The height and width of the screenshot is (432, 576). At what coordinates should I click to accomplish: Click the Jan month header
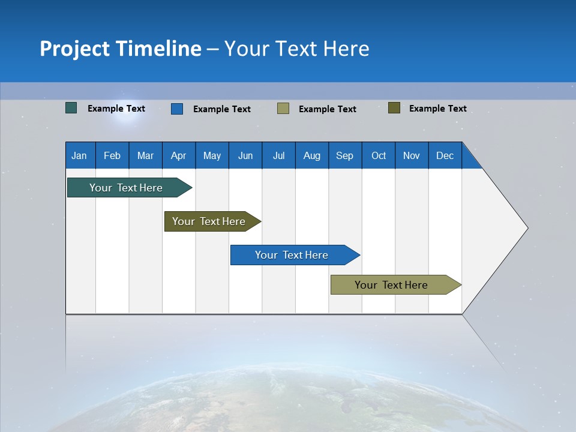79,156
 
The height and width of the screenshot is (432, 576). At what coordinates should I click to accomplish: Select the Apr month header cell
178,156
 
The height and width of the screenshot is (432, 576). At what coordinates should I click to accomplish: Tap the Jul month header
278,156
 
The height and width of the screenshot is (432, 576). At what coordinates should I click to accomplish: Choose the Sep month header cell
344,156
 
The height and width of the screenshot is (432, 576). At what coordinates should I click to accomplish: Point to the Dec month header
445,156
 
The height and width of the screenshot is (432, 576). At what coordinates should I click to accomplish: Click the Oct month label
379,156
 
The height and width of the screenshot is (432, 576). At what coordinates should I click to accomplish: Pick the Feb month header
112,156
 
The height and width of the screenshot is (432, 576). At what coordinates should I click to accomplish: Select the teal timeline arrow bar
126,188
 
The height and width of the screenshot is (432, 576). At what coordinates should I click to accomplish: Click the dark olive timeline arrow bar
209,221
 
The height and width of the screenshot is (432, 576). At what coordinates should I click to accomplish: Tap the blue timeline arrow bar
292,255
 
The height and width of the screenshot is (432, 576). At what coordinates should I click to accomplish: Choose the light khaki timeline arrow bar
391,285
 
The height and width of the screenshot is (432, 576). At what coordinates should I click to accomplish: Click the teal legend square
71,108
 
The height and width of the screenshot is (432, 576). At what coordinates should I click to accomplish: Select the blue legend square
177,109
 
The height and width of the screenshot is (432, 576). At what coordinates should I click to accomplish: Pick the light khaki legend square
283,108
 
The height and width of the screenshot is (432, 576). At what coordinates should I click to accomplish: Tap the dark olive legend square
394,108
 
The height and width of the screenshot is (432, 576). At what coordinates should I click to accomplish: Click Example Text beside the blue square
222,109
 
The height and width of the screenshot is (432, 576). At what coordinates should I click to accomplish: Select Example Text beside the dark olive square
438,109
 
